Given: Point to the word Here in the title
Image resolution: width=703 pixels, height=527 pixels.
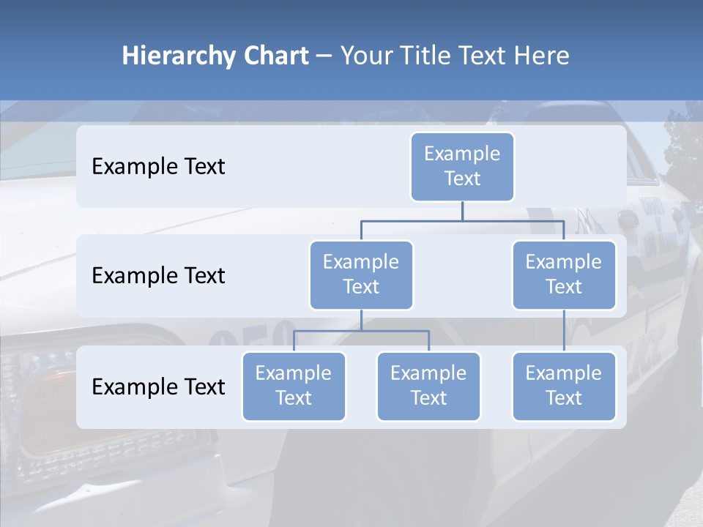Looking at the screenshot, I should click(x=540, y=56).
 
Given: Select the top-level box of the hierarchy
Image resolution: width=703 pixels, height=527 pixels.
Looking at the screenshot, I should click(x=462, y=166).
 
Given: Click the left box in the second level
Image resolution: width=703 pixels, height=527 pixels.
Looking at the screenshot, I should click(x=361, y=274).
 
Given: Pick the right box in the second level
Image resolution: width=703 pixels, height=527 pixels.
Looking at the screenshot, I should click(x=564, y=274).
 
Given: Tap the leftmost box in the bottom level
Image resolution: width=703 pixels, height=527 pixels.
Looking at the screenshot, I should click(x=294, y=386).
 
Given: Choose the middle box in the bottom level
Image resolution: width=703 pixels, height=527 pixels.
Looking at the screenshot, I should click(x=428, y=386).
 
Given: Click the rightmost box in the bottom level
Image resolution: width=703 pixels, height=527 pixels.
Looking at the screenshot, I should click(x=564, y=386).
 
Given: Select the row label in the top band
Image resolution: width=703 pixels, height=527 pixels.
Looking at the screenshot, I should click(x=158, y=166).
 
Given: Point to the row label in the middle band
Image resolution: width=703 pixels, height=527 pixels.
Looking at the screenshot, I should click(x=158, y=275).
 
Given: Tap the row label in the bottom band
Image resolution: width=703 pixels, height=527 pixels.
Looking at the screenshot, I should click(x=158, y=386).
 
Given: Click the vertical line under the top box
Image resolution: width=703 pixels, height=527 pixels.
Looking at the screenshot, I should click(x=462, y=211).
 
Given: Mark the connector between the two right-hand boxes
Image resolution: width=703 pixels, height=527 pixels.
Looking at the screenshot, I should click(x=564, y=331).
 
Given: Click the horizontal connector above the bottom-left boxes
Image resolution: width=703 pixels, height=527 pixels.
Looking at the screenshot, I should click(x=361, y=331).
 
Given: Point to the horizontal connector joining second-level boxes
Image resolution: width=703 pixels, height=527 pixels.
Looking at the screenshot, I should click(x=462, y=220).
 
